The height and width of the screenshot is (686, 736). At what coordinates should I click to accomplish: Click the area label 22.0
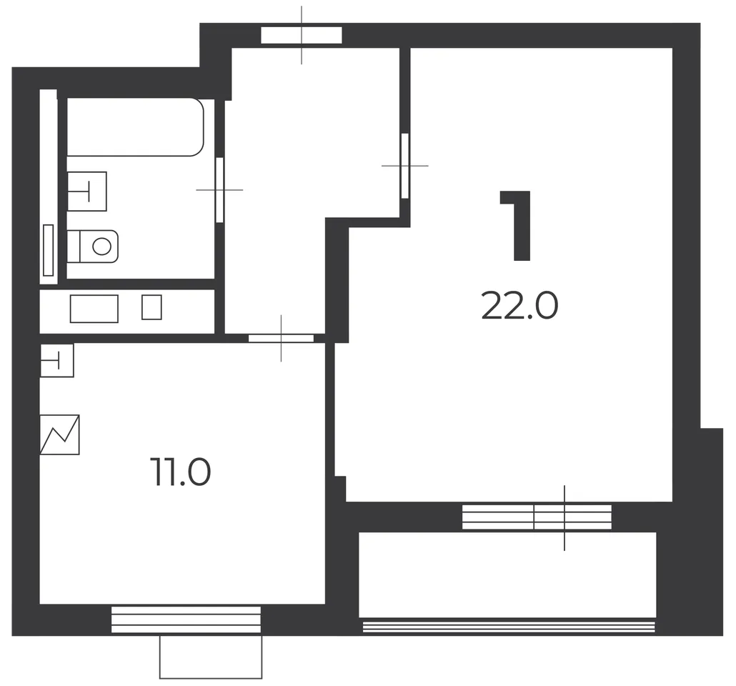[519, 305]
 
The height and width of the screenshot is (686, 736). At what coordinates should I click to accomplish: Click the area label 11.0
[180, 472]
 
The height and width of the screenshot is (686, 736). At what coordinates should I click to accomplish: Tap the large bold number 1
[516, 225]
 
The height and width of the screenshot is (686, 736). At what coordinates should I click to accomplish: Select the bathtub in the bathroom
[135, 126]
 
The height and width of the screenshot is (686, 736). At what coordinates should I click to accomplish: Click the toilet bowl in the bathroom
[92, 246]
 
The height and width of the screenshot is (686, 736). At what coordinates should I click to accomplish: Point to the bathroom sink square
[87, 191]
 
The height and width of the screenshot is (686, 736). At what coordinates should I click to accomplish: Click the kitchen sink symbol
[56, 360]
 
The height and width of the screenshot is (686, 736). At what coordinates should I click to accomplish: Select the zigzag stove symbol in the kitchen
[59, 434]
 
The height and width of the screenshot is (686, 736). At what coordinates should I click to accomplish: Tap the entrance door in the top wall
[302, 35]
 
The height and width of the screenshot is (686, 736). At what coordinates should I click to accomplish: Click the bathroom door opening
[219, 189]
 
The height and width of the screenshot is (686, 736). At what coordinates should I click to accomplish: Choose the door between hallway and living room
[404, 166]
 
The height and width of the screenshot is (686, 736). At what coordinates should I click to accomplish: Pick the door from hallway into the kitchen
[281, 338]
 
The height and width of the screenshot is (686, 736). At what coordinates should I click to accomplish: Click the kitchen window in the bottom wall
[186, 620]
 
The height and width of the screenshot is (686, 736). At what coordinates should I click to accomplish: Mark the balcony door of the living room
[537, 517]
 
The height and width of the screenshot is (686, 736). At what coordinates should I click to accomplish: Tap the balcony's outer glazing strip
[509, 627]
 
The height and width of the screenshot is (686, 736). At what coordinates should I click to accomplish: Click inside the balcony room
[507, 575]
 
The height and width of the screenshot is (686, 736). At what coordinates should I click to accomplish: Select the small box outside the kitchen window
[211, 657]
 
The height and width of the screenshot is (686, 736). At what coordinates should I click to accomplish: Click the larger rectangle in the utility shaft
[94, 309]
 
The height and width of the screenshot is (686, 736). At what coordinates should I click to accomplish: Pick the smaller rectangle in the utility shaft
[151, 307]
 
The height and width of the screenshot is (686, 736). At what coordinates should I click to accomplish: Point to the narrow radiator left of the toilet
[48, 250]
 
